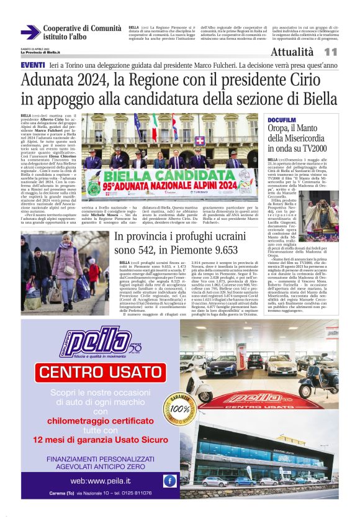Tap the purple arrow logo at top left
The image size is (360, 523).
tap(30, 32)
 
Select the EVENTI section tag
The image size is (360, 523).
tap(32, 65)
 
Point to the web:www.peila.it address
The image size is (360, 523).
tap(101, 481)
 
